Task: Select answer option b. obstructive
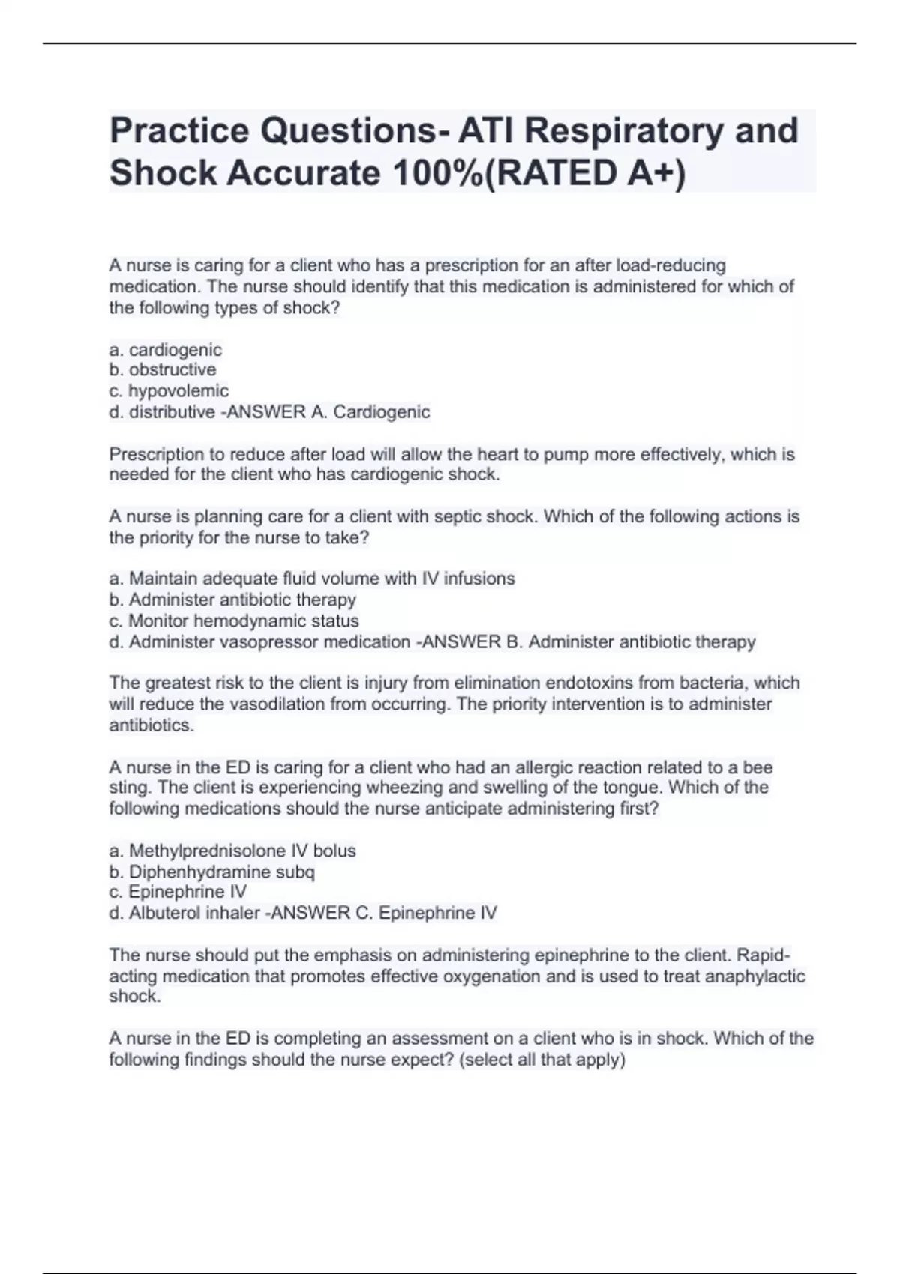pyautogui.click(x=163, y=369)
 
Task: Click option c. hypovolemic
pyautogui.click(x=169, y=390)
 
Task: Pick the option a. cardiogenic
pyautogui.click(x=166, y=349)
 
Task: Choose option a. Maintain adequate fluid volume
pyautogui.click(x=312, y=578)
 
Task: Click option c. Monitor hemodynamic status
pyautogui.click(x=234, y=621)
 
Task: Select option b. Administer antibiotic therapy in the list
pyautogui.click(x=232, y=600)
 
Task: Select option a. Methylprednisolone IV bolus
pyautogui.click(x=232, y=851)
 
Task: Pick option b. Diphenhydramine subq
pyautogui.click(x=212, y=872)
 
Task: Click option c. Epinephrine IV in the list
pyautogui.click(x=178, y=892)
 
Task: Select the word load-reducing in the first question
pyautogui.click(x=670, y=265)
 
